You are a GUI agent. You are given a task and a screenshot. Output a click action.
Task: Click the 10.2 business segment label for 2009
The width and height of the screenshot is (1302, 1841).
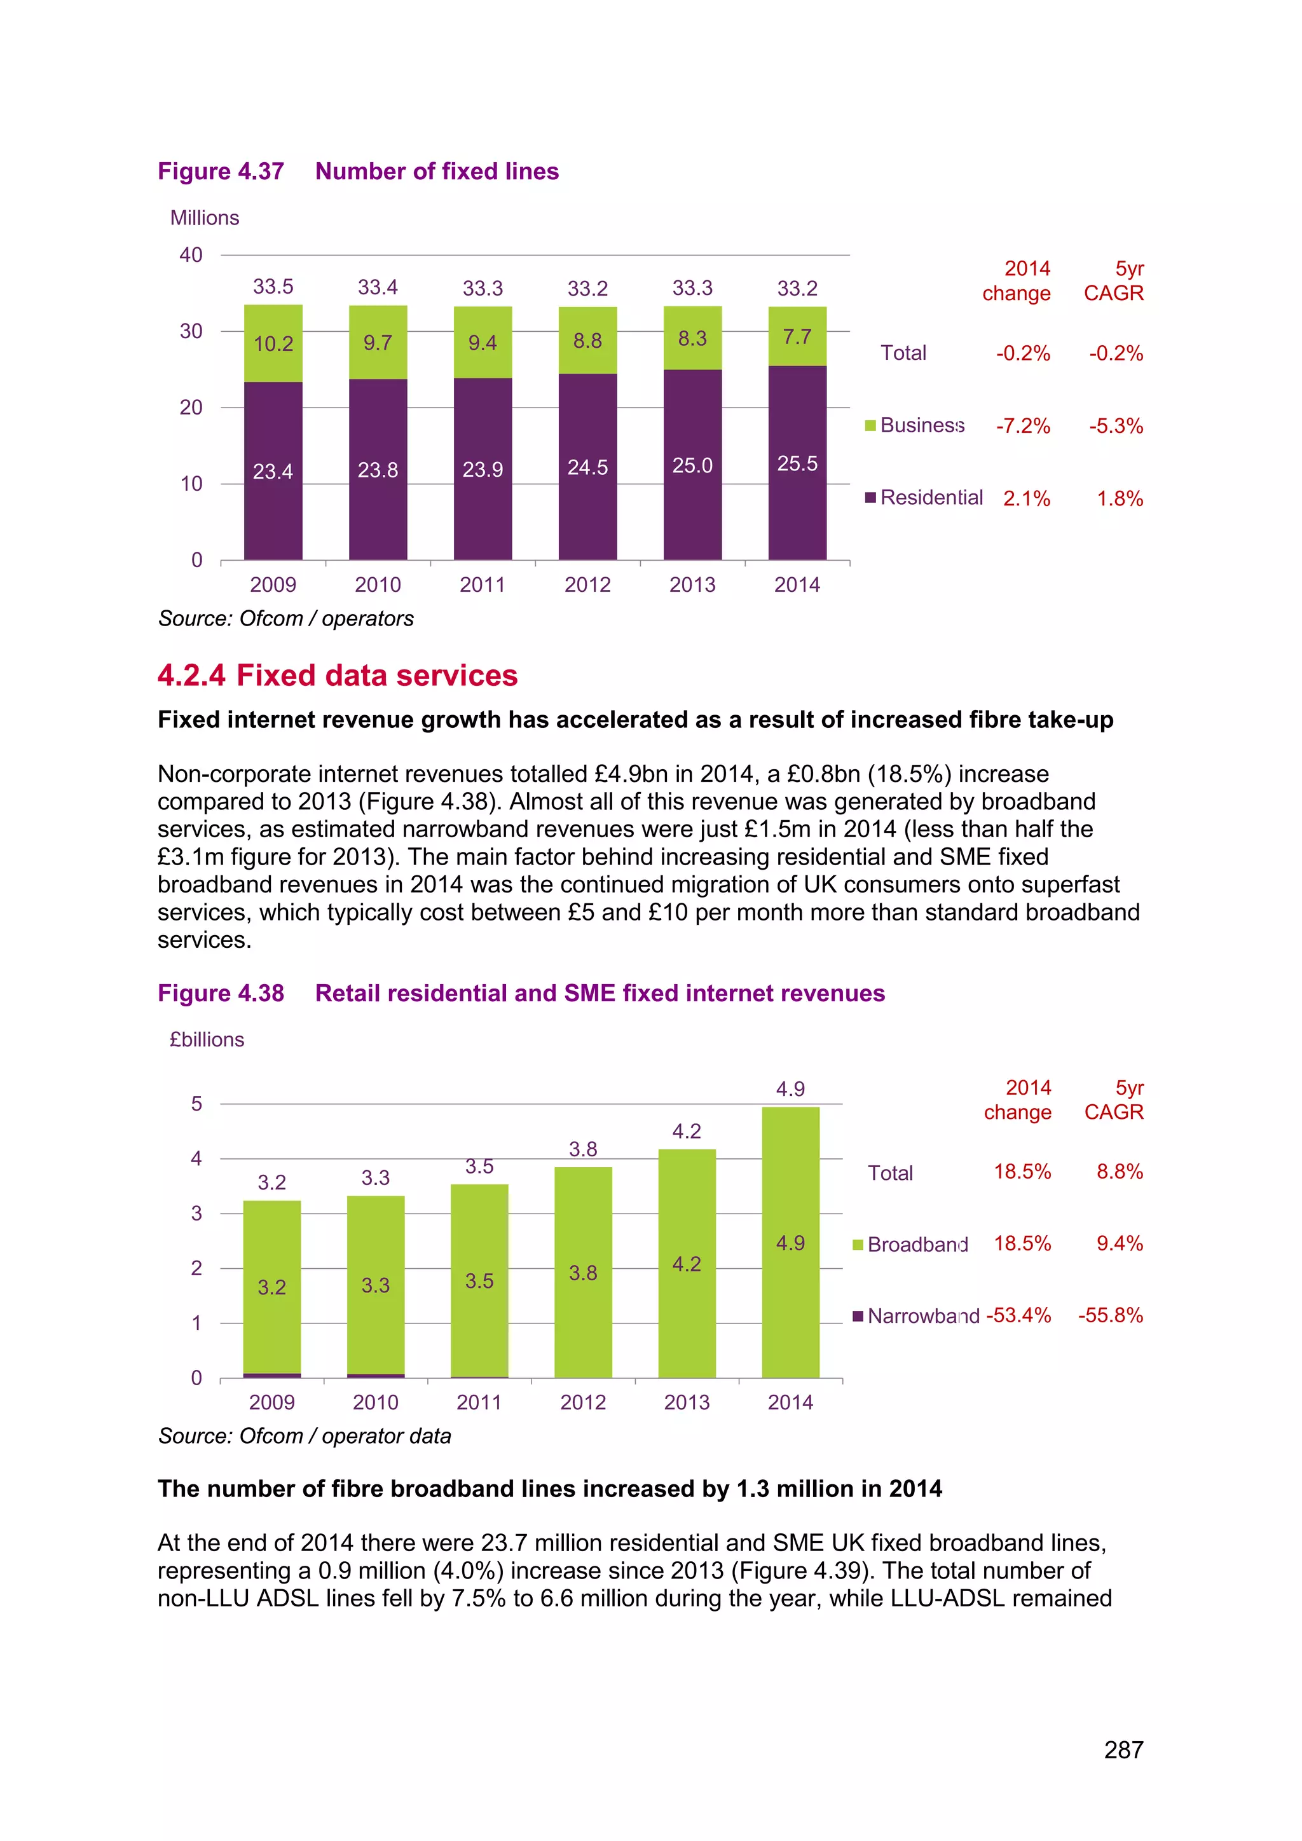click(x=273, y=344)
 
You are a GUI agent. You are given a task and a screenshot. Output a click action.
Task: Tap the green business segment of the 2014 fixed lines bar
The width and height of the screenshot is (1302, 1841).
click(x=797, y=337)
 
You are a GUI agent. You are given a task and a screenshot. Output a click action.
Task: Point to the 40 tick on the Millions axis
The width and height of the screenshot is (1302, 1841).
click(x=191, y=255)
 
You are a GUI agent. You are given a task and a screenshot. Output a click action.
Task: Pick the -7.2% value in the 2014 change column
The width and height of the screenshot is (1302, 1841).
click(x=1023, y=426)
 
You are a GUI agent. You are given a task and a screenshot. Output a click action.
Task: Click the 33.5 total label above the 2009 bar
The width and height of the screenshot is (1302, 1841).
click(x=273, y=286)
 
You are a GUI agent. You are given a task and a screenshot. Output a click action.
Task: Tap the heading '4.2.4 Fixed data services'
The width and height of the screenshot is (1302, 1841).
click(x=338, y=675)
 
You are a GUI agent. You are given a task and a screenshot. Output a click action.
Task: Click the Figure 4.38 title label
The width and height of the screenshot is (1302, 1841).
click(x=221, y=993)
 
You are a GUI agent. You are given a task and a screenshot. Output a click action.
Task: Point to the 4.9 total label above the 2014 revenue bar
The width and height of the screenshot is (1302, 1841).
click(x=790, y=1089)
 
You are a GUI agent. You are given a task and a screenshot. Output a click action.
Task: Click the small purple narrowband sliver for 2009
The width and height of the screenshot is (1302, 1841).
click(x=272, y=1375)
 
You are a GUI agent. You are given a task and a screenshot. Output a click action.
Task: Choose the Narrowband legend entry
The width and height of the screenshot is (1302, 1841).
click(x=915, y=1316)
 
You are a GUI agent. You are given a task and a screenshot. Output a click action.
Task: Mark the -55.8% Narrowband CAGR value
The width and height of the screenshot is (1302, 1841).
click(x=1111, y=1315)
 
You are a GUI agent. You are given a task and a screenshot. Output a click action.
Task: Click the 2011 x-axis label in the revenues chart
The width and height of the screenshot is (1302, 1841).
click(x=479, y=1402)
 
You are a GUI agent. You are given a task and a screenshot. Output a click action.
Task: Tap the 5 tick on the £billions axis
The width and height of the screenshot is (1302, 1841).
click(x=196, y=1104)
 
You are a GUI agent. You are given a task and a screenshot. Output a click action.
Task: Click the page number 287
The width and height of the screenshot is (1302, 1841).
click(x=1123, y=1750)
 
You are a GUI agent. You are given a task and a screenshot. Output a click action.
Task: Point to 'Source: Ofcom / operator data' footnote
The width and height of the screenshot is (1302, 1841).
click(x=305, y=1436)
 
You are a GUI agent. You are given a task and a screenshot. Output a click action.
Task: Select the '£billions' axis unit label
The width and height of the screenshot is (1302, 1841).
click(x=207, y=1039)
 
